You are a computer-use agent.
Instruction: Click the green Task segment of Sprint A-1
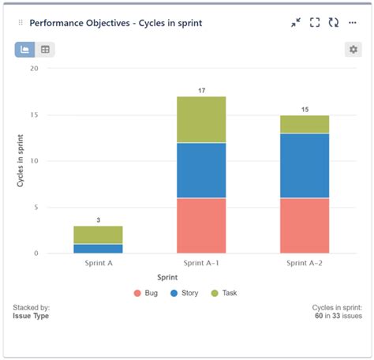[x=201, y=119]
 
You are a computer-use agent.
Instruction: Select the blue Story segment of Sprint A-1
[x=201, y=170]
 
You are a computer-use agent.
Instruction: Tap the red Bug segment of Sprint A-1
[x=201, y=225]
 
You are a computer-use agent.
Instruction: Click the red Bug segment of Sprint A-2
[x=305, y=225]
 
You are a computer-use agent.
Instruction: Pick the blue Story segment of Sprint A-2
[x=305, y=165]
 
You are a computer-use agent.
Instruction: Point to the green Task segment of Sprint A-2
[x=305, y=124]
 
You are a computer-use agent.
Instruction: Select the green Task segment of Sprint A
[x=98, y=234]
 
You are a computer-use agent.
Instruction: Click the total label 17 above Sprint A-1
[x=201, y=91]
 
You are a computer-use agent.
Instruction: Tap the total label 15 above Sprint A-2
[x=305, y=109]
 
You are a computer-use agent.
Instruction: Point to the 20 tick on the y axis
[x=33, y=69]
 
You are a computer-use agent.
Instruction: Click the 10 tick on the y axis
[x=33, y=161]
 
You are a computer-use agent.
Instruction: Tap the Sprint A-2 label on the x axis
[x=305, y=263]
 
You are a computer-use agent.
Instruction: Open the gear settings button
[x=353, y=50]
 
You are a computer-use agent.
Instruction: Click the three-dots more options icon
[x=353, y=23]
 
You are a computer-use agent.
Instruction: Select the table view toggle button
[x=46, y=50]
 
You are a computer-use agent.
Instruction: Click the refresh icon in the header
[x=334, y=23]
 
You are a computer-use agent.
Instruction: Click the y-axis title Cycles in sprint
[x=21, y=161]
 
